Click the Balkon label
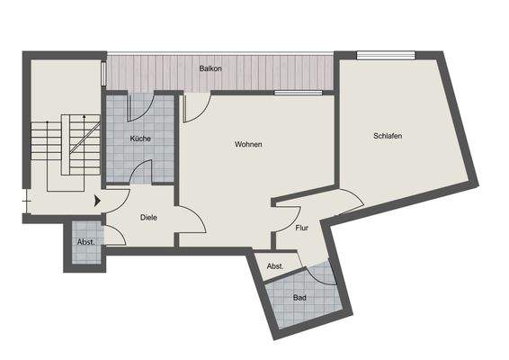(211, 68)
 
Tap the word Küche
(139, 139)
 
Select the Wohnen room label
(248, 144)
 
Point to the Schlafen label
(388, 136)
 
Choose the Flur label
(302, 228)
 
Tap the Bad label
(300, 298)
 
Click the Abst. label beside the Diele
(86, 242)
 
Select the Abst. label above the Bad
(275, 266)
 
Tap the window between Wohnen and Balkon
(298, 93)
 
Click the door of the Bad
(325, 273)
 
